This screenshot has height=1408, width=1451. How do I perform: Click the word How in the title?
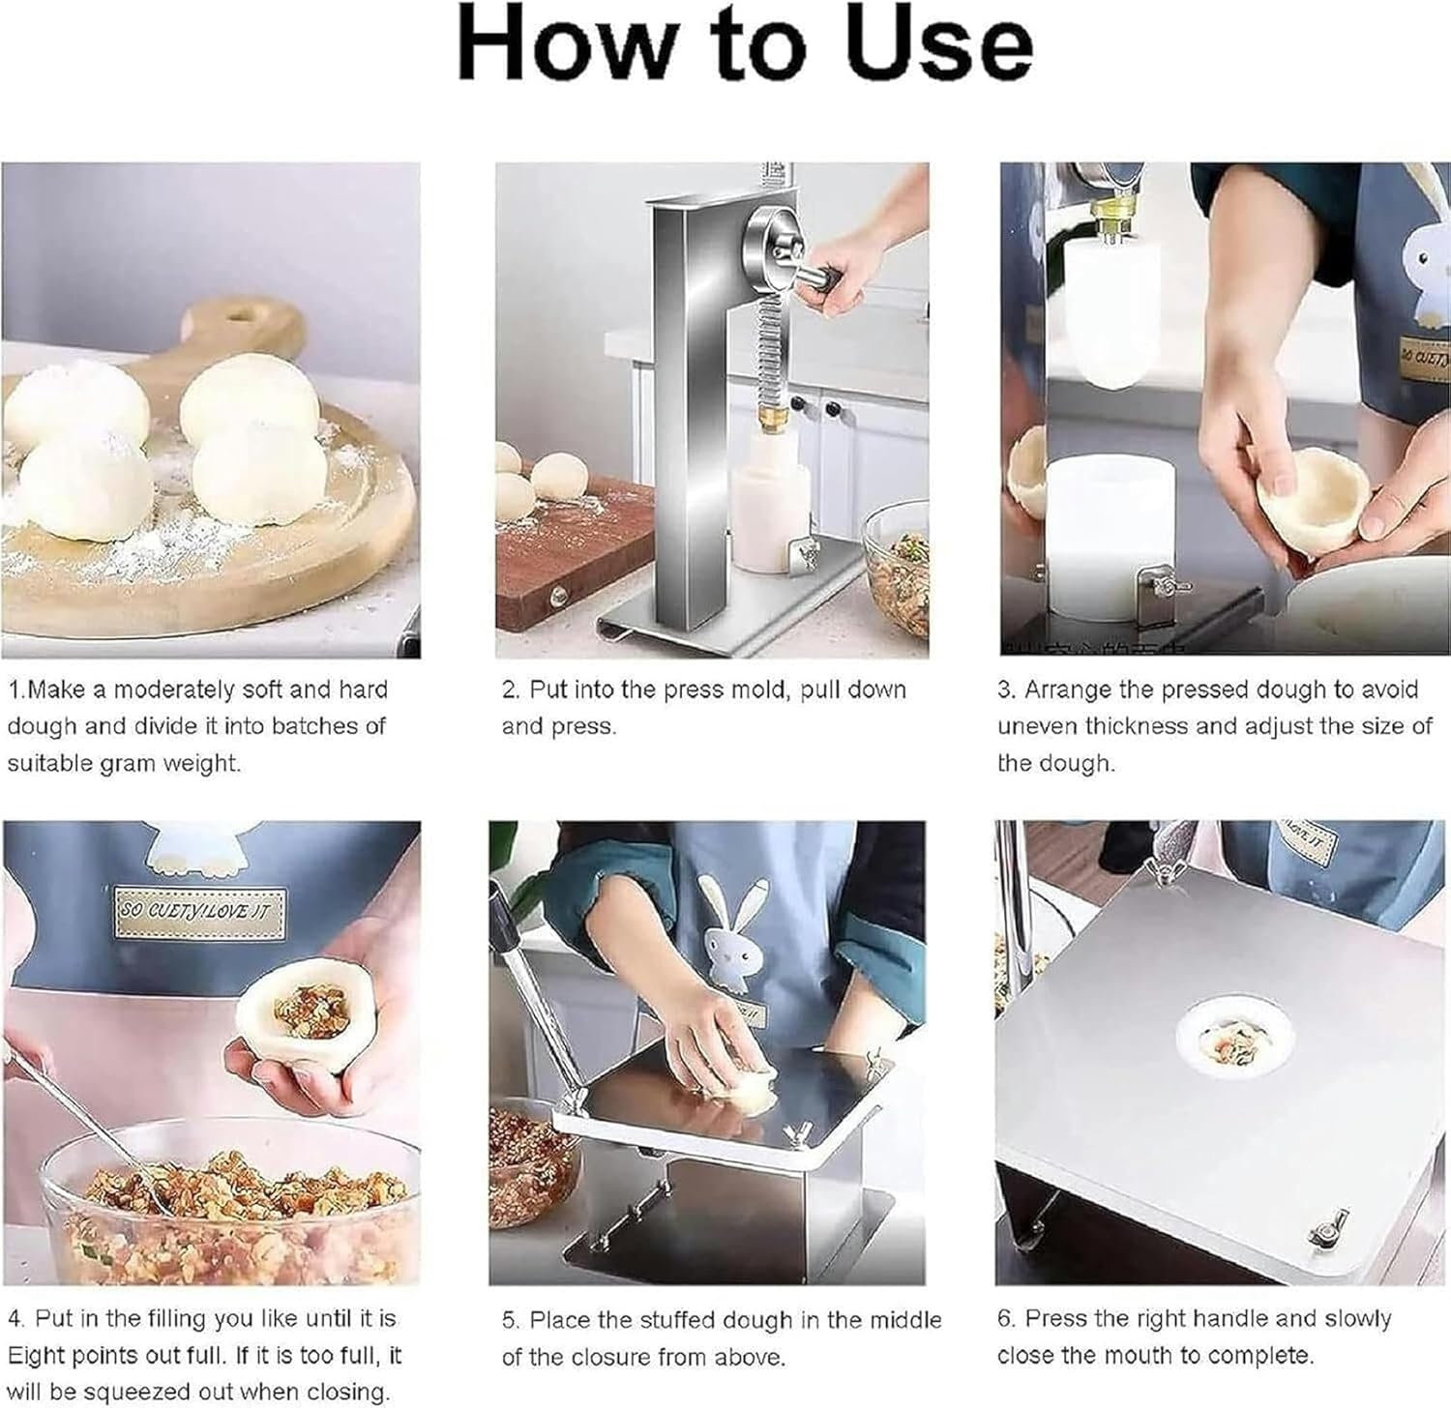click(564, 45)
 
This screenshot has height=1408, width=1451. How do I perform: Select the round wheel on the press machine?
click(774, 246)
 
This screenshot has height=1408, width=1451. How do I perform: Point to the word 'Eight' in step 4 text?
click(37, 1356)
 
